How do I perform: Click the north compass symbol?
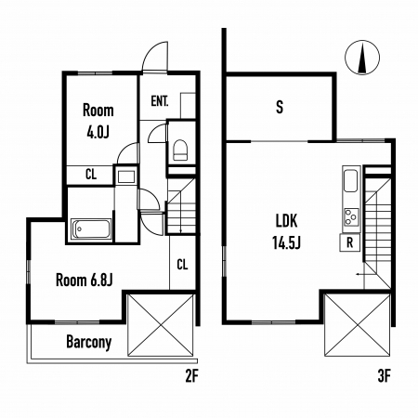coord(362,58)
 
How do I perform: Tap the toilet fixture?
coord(180,150)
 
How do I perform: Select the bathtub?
coord(91,229)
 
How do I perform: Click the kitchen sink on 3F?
coord(351,181)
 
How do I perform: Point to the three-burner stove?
coord(351,216)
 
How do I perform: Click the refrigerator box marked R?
coord(350,242)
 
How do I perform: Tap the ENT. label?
coord(160,101)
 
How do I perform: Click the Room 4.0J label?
coord(98,121)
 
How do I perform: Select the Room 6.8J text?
coord(84,281)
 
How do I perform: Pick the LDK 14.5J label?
coord(287,231)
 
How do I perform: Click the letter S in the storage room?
coord(280,107)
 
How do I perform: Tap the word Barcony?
coord(89,342)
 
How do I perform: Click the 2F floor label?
coord(191,376)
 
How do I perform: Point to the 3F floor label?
coord(384,376)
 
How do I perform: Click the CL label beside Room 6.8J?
coord(182,265)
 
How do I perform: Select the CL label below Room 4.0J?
coord(91,175)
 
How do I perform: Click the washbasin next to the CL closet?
coord(126,176)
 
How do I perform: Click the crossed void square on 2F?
coord(161,325)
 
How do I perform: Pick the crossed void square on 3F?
coord(358,325)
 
